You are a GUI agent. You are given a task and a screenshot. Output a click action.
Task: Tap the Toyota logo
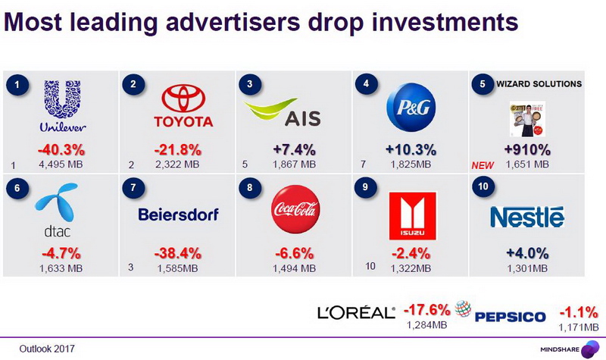click(x=183, y=108)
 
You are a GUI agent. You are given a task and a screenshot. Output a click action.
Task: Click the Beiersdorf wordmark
click(x=178, y=215)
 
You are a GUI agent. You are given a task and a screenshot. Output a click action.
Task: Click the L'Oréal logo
click(x=357, y=313)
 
